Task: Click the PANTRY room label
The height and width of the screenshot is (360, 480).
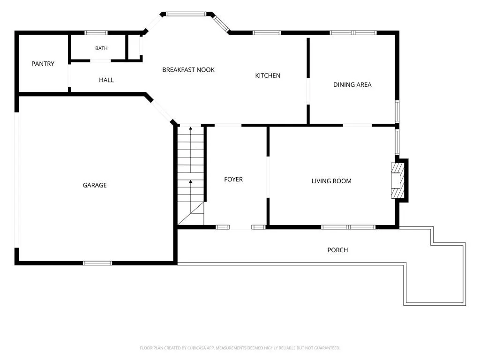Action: (x=43, y=64)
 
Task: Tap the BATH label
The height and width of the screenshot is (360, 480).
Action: (x=101, y=48)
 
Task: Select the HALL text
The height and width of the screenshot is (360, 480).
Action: (x=106, y=80)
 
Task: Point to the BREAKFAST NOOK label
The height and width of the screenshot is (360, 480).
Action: (x=188, y=70)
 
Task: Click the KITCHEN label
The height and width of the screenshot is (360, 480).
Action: (x=268, y=75)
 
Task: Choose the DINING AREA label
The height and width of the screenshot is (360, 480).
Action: (x=352, y=85)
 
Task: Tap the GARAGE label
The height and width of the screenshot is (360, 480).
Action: (x=95, y=185)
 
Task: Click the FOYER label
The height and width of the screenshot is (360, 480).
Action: (x=233, y=180)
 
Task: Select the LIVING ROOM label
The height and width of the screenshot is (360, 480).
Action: (x=331, y=181)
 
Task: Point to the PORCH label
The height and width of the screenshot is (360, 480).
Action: (x=337, y=250)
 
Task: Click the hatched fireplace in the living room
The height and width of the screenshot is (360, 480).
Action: (x=398, y=180)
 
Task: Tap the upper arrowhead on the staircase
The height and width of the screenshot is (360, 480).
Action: (x=191, y=128)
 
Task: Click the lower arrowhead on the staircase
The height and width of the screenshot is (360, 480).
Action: (x=191, y=182)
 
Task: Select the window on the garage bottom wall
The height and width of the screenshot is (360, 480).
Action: (x=97, y=263)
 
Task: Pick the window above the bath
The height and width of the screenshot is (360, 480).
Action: (x=96, y=33)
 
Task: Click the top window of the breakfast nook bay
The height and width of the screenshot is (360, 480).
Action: (x=187, y=14)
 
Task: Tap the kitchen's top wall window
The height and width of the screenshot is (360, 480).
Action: (x=267, y=33)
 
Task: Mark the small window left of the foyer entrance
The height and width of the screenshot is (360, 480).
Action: (x=223, y=227)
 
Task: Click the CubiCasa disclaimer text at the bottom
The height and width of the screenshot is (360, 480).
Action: (x=240, y=348)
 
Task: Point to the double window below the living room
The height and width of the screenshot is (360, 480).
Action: (x=348, y=227)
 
